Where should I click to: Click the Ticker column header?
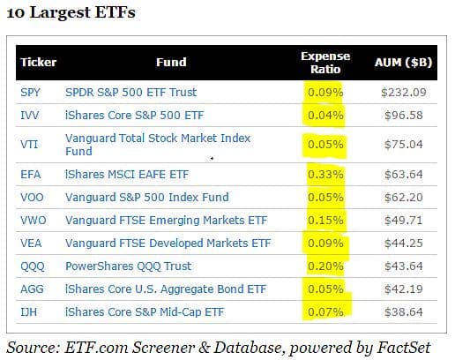point(38,62)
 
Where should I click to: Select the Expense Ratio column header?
point(325,63)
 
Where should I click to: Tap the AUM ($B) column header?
point(403,63)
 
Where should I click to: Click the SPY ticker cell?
point(30,93)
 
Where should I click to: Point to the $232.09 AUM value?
point(404,93)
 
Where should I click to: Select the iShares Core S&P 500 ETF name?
point(134,116)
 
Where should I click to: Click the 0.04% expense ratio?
point(325,116)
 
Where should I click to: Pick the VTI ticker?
point(29,145)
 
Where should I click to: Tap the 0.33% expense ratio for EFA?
point(325,175)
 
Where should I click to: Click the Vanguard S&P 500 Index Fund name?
point(147,198)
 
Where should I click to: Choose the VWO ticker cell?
point(34,221)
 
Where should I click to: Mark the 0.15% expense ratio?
point(325,221)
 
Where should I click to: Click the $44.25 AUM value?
point(404,244)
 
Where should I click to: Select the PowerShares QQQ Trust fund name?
point(128,266)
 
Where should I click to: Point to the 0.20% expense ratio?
point(325,266)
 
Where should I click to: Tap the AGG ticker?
point(32,289)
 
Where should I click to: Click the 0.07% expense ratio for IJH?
point(325,312)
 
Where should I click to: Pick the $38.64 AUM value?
point(404,312)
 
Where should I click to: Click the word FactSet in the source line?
point(403,348)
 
